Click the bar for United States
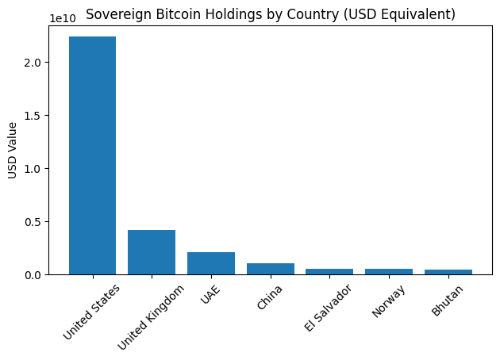point(92,155)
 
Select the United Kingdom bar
point(152,252)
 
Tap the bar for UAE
point(211,263)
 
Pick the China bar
point(270,269)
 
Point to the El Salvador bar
point(329,272)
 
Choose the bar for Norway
point(389,272)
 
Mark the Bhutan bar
point(448,272)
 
